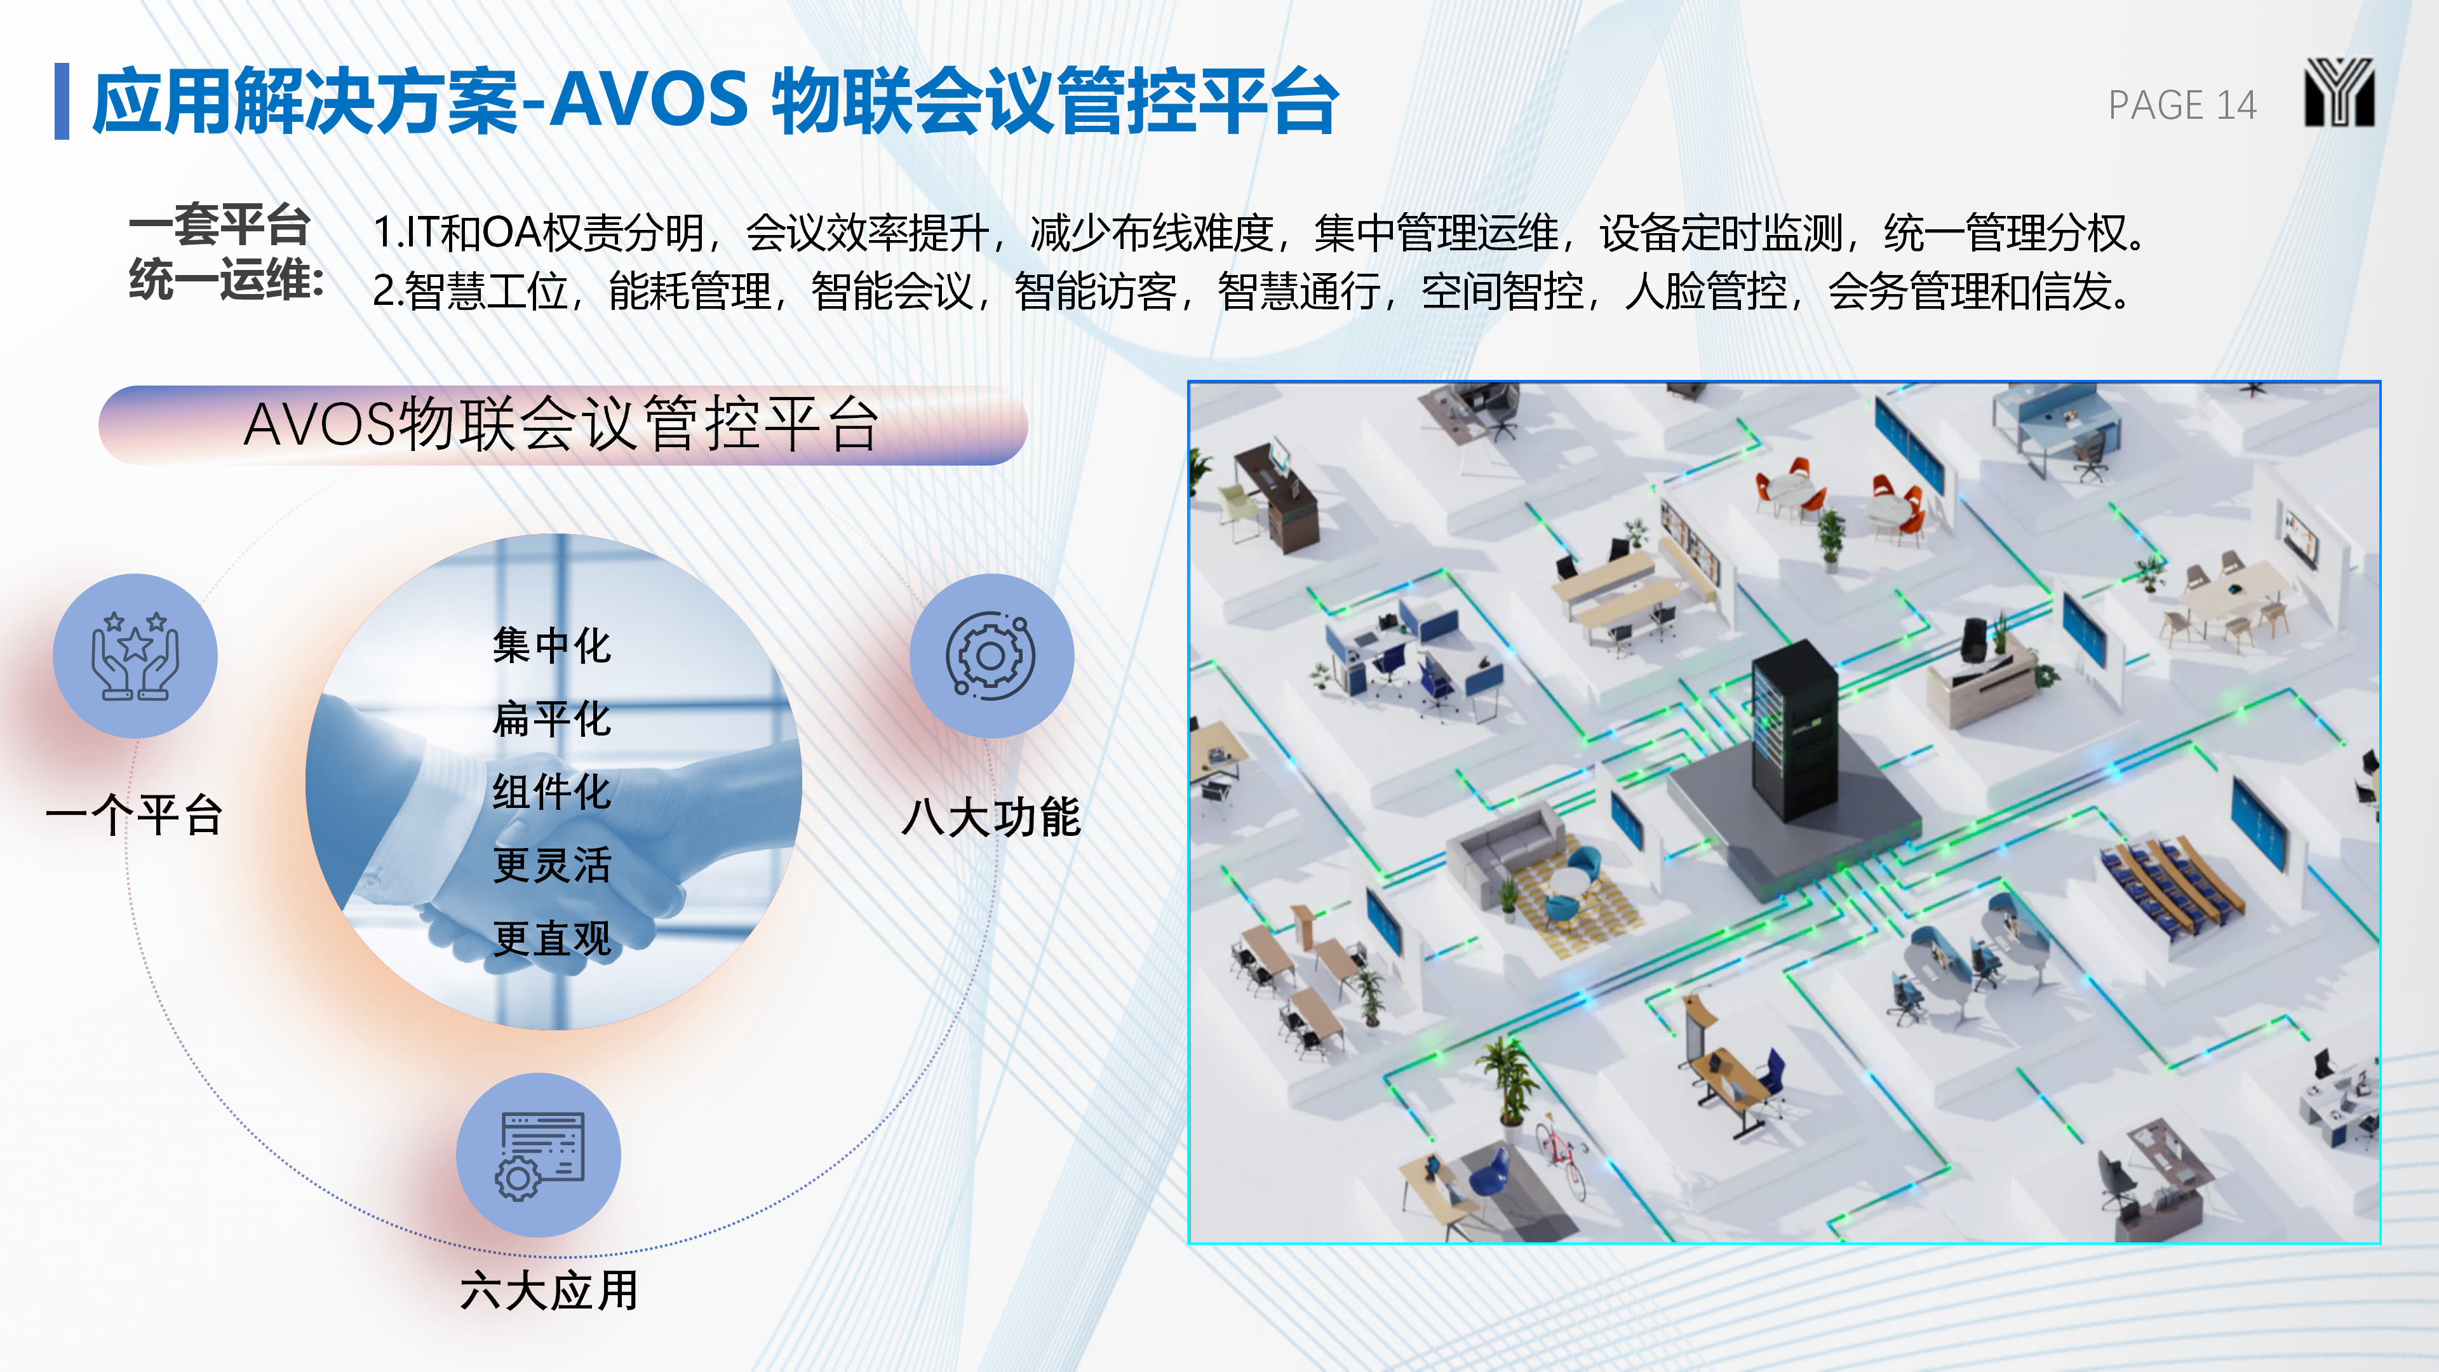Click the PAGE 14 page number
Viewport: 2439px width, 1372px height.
click(2182, 105)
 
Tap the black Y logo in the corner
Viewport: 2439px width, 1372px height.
click(2339, 92)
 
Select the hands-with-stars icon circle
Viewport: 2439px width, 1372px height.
click(135, 656)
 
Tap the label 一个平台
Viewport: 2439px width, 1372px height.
click(135, 815)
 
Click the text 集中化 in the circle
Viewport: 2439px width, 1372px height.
click(552, 646)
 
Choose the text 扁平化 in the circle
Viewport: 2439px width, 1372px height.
click(552, 718)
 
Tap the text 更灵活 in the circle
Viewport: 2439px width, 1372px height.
click(552, 864)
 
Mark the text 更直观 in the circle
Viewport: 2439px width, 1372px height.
click(552, 938)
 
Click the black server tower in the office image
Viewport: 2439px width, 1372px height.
click(1794, 729)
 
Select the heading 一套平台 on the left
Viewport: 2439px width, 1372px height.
click(220, 225)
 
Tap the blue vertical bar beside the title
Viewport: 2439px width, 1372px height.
click(62, 102)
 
